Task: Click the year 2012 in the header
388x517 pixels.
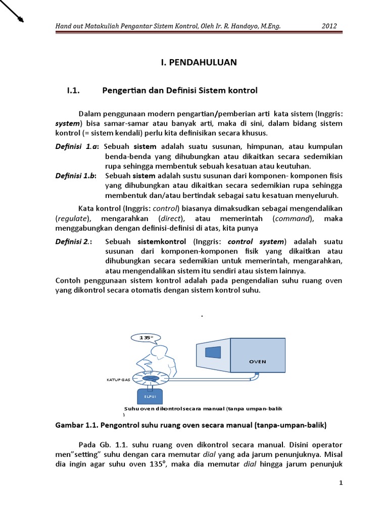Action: [329, 26]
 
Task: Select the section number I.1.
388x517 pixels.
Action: [74, 91]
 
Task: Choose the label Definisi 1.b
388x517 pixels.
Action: [75, 176]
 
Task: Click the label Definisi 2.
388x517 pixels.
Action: [74, 241]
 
